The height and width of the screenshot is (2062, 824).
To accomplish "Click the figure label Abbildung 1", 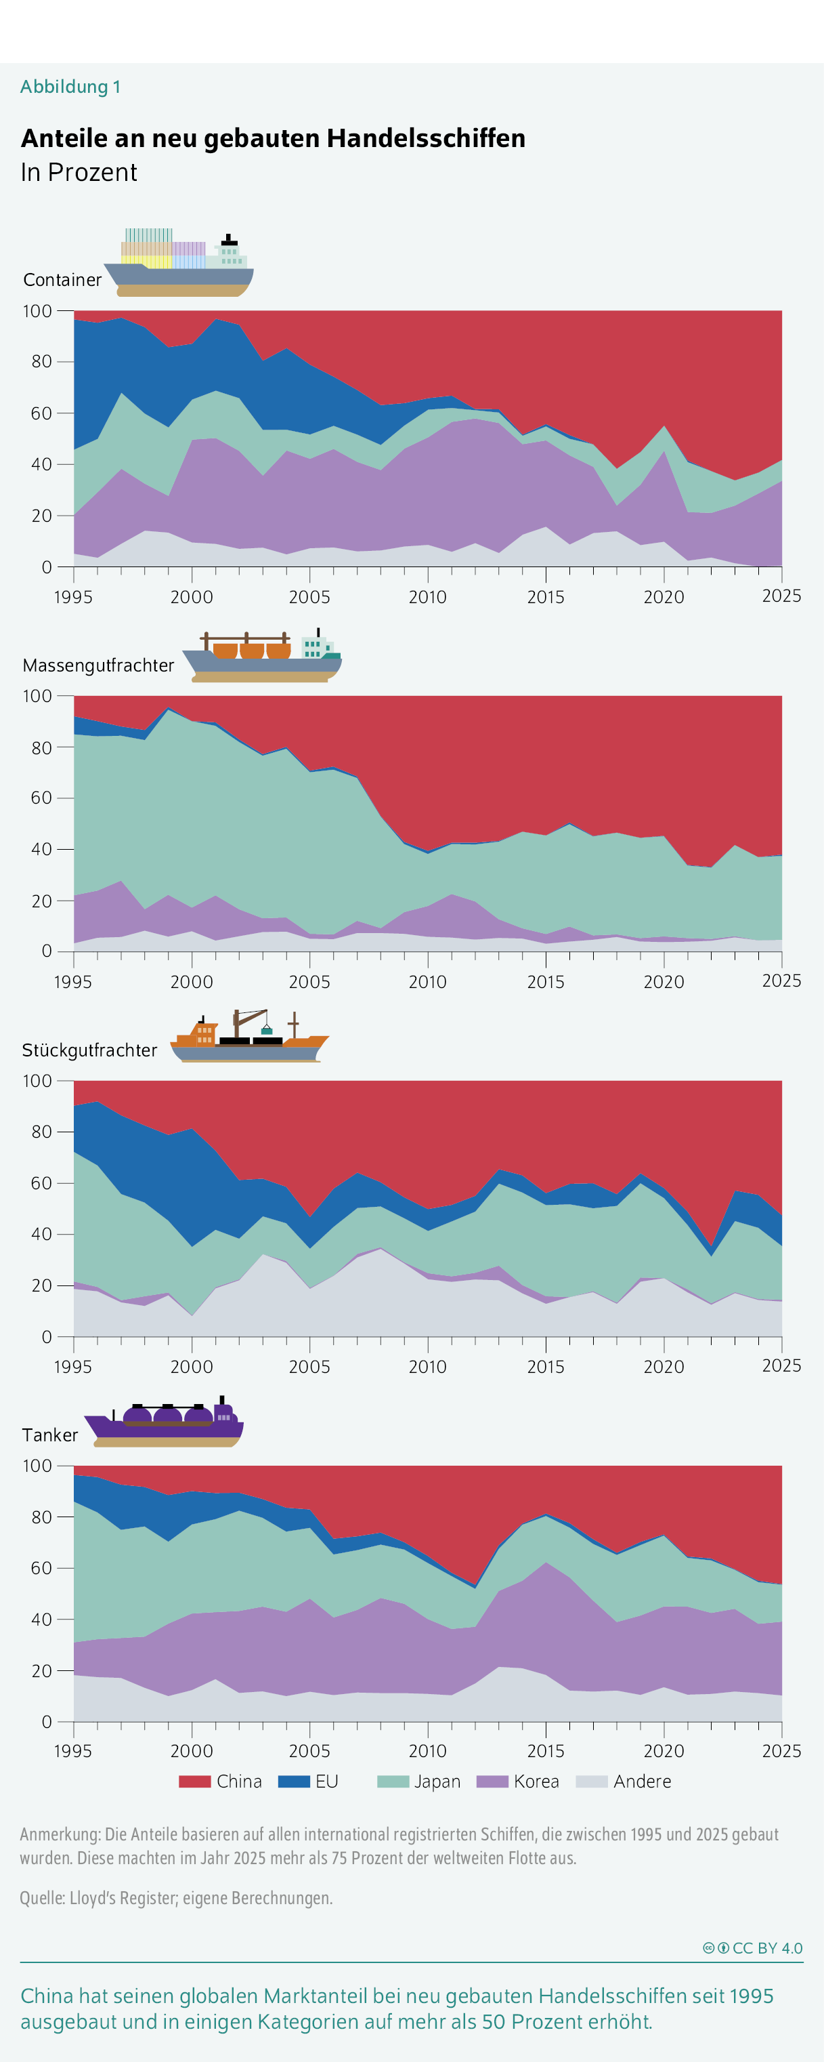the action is tap(70, 87).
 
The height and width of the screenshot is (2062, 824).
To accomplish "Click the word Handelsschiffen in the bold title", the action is tap(426, 138).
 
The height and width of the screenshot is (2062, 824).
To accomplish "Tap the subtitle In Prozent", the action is tap(79, 172).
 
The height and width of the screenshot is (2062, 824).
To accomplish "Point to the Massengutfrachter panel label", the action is tap(98, 665).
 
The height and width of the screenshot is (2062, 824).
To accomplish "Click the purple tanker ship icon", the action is tap(164, 1422).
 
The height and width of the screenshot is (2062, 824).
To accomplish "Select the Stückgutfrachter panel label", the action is tap(89, 1050).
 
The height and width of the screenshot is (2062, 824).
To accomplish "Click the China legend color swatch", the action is tap(194, 1781).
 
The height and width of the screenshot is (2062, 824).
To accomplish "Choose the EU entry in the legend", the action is tap(309, 1781).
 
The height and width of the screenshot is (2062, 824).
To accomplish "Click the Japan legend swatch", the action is tap(393, 1781).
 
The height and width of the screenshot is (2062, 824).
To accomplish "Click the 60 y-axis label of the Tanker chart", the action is tap(41, 1568).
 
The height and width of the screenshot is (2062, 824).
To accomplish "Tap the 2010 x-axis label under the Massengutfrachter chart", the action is tap(428, 981).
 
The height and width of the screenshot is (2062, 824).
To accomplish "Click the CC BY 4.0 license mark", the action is tap(753, 1948).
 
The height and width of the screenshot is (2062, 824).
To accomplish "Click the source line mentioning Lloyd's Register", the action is tap(176, 1898).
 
